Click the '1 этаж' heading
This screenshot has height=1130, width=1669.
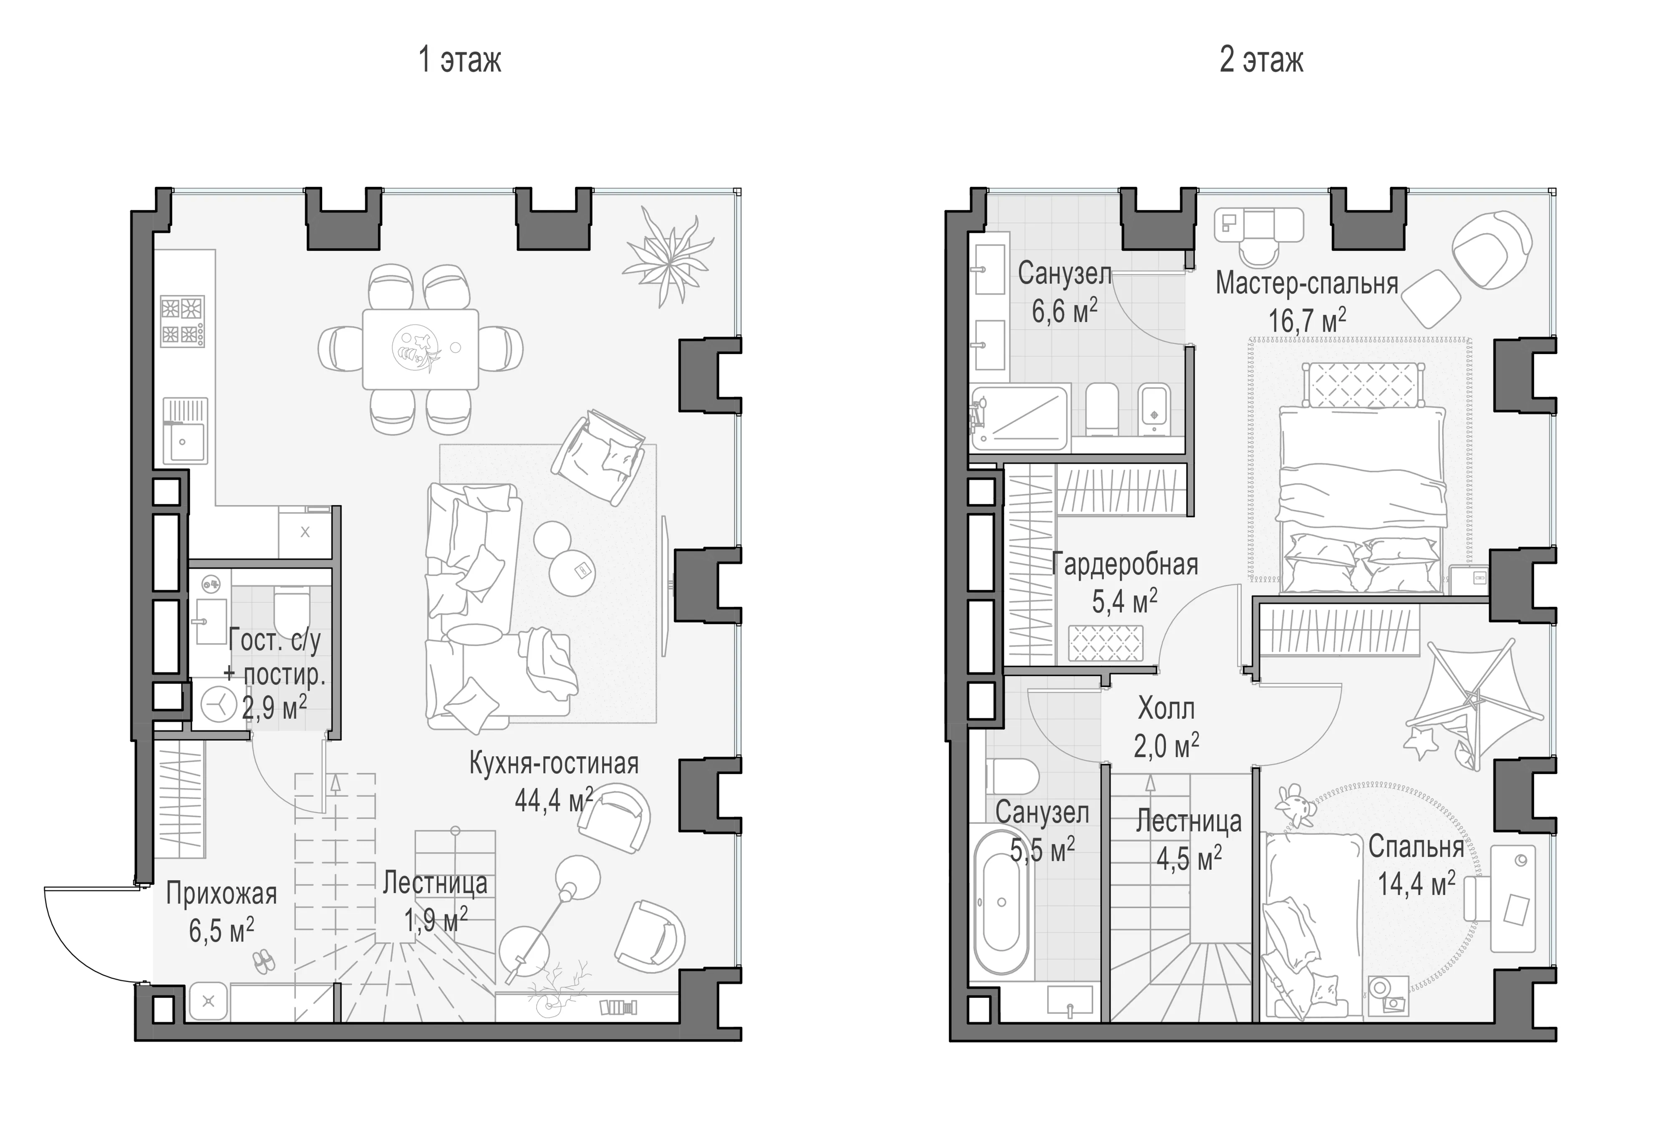tap(460, 60)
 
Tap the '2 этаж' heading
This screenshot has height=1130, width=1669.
tap(1261, 60)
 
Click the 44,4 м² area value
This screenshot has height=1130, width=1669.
tap(554, 799)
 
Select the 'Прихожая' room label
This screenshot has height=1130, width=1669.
tap(221, 894)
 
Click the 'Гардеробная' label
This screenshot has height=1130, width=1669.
tap(1124, 564)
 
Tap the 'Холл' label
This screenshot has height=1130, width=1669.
tap(1166, 709)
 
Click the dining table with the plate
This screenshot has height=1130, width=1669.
tap(420, 349)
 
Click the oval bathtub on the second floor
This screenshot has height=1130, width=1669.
tap(1001, 902)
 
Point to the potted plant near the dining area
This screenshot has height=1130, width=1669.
tap(668, 257)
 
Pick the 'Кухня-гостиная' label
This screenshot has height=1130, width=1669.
tap(554, 764)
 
